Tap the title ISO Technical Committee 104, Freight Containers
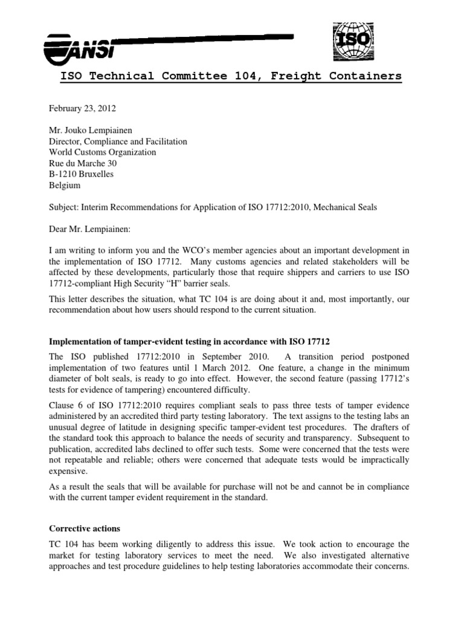(230, 76)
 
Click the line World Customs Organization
(103, 152)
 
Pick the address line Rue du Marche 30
(83, 163)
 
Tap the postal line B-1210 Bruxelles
(81, 174)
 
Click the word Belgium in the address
(63, 186)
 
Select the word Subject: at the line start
(64, 207)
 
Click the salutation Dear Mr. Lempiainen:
(92, 229)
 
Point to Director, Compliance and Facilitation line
(118, 141)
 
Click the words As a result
(69, 487)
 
